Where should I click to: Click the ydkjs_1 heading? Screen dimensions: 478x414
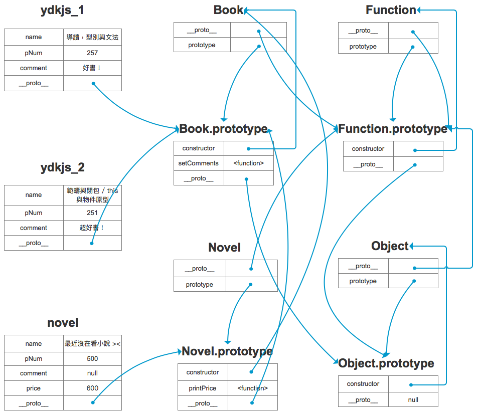[x=62, y=10]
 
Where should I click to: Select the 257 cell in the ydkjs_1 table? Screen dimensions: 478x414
[x=92, y=53]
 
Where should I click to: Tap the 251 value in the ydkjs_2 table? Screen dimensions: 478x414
[x=92, y=213]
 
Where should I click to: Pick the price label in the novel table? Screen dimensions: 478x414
[x=34, y=388]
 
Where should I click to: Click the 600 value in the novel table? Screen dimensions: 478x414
[x=92, y=388]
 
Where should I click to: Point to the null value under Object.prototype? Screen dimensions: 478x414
[x=413, y=399]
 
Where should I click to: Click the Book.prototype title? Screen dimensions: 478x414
[x=224, y=129]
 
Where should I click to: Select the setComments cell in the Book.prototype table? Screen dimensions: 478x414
[x=199, y=163]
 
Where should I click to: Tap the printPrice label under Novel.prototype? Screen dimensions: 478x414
[x=203, y=388]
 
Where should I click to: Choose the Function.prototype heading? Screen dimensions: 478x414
[x=393, y=129]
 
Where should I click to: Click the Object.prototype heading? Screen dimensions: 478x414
[x=386, y=363]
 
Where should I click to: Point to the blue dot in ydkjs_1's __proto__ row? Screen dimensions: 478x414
[x=93, y=84]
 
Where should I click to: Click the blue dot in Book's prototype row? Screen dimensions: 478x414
[x=259, y=46]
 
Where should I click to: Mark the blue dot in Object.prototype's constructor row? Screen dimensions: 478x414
[x=411, y=385]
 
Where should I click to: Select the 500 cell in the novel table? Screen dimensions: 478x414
[x=92, y=358]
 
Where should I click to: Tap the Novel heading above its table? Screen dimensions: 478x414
[x=225, y=248]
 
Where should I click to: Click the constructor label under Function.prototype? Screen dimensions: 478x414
[x=368, y=149]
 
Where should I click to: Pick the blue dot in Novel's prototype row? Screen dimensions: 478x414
[x=251, y=285]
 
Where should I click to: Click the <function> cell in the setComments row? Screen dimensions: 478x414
[x=248, y=163]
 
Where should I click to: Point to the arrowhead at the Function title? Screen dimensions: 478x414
[x=419, y=10]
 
